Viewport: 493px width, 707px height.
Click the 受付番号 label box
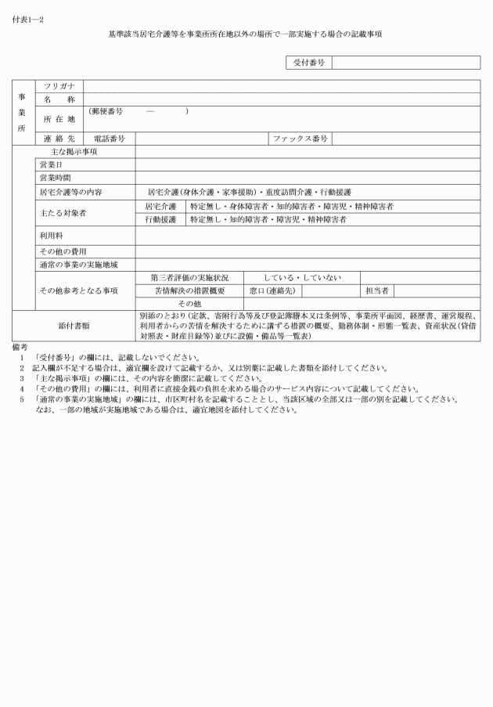click(308, 62)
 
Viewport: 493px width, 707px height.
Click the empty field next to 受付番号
click(406, 62)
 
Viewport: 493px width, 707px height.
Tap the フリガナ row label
click(59, 86)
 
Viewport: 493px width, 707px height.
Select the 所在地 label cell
click(59, 118)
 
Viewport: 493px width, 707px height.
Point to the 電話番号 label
click(110, 139)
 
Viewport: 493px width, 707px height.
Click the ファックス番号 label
click(300, 139)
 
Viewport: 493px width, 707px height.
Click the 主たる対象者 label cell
click(63, 212)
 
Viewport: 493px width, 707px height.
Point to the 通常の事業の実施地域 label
click(78, 265)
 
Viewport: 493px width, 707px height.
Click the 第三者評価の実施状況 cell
click(189, 277)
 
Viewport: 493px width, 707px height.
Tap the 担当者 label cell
click(376, 290)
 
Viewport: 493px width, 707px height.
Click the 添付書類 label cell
click(74, 324)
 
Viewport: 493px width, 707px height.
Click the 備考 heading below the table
click(20, 345)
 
